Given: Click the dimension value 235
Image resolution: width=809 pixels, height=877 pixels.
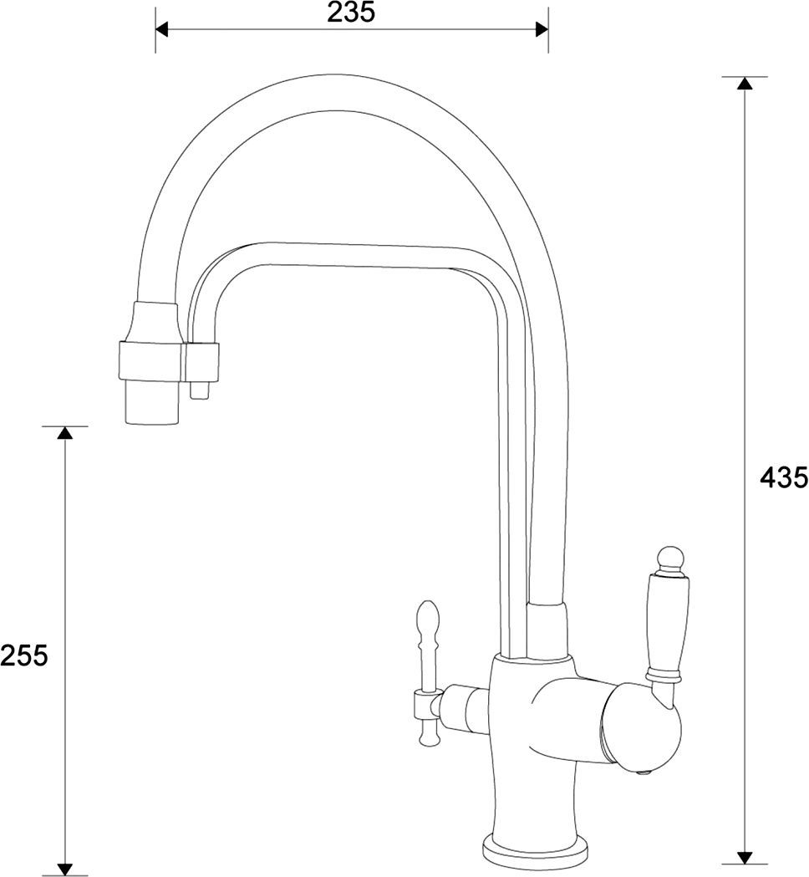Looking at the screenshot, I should pyautogui.click(x=351, y=13).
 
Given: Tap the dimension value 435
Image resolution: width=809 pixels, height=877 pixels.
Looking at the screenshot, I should pyautogui.click(x=783, y=477).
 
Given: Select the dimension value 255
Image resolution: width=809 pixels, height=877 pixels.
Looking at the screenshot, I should pyautogui.click(x=24, y=655).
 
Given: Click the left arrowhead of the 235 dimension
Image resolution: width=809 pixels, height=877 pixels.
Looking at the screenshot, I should pyautogui.click(x=162, y=30).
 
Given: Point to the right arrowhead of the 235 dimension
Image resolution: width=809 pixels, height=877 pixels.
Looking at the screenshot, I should pyautogui.click(x=541, y=30).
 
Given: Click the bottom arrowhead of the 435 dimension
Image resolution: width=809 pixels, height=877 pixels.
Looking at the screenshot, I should pyautogui.click(x=743, y=857).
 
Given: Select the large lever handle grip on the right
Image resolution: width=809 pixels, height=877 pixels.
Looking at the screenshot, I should pyautogui.click(x=665, y=619).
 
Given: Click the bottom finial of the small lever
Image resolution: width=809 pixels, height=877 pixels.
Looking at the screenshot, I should pyautogui.click(x=429, y=733).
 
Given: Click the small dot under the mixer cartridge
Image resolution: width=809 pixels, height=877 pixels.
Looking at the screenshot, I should pyautogui.click(x=642, y=772).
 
